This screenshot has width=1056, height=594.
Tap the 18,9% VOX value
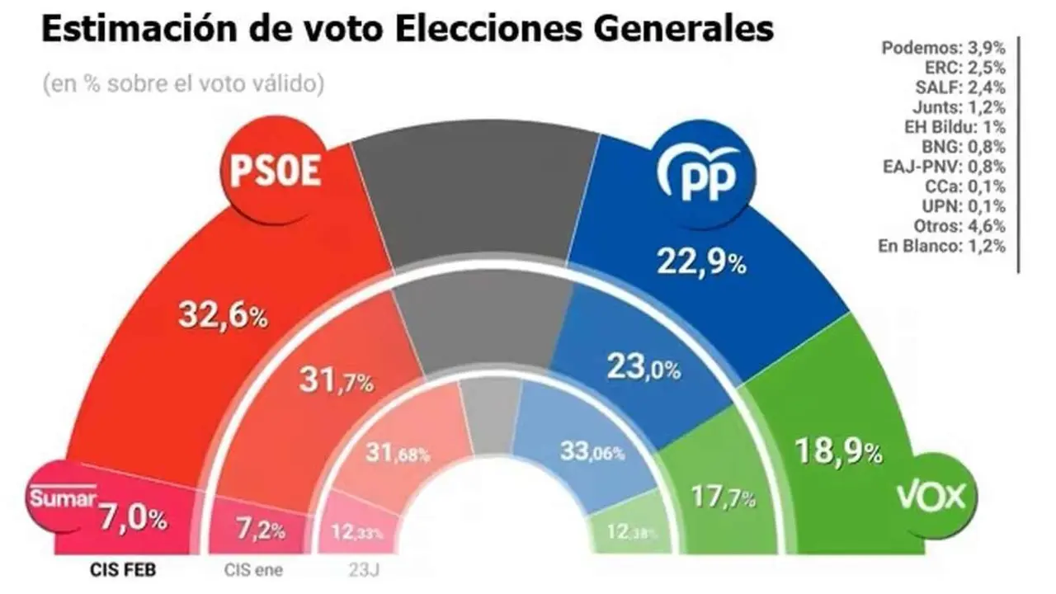point(837,450)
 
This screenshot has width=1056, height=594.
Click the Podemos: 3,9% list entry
point(944,48)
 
